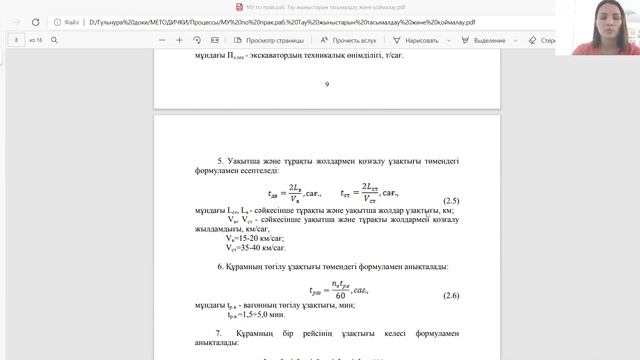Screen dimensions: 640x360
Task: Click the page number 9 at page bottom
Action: click(326, 84)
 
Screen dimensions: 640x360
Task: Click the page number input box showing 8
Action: click(17, 40)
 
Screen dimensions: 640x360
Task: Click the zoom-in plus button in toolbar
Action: click(179, 40)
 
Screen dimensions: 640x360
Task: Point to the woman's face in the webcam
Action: click(606, 22)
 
